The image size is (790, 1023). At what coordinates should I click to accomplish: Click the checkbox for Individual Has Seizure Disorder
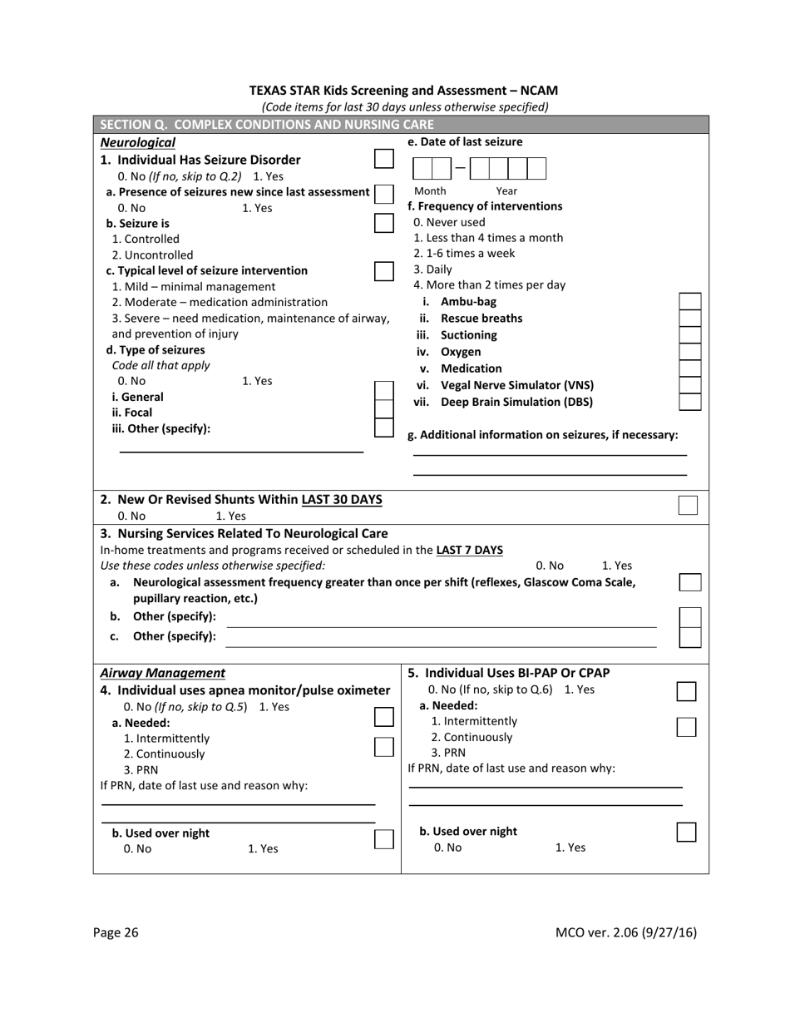coord(383,159)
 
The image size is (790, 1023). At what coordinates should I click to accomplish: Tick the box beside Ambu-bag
coord(689,301)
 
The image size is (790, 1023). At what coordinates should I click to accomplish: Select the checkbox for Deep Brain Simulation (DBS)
coord(689,402)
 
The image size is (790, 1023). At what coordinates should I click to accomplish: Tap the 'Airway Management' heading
coord(162,673)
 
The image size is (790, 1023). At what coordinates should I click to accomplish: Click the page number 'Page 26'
coord(116,932)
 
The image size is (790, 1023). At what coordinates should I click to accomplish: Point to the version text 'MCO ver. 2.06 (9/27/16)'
coord(625,932)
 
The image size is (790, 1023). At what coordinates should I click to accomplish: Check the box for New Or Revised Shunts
coord(687,505)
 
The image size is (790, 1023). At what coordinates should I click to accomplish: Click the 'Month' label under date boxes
coord(430,190)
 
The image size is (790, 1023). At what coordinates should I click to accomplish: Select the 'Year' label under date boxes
coord(506,190)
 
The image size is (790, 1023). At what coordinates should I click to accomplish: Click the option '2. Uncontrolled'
coord(152,255)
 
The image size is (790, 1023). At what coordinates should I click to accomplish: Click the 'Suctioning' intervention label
coord(468,335)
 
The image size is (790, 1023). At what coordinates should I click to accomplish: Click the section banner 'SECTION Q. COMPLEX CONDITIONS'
coord(266,125)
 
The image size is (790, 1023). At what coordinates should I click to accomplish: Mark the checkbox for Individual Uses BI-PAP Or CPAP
coord(686,691)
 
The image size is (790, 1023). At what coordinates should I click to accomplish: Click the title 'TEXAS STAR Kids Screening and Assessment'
coord(403,91)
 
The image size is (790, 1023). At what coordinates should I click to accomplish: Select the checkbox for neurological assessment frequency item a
coord(689,582)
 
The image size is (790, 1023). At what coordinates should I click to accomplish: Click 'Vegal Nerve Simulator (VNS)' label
coord(516,385)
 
